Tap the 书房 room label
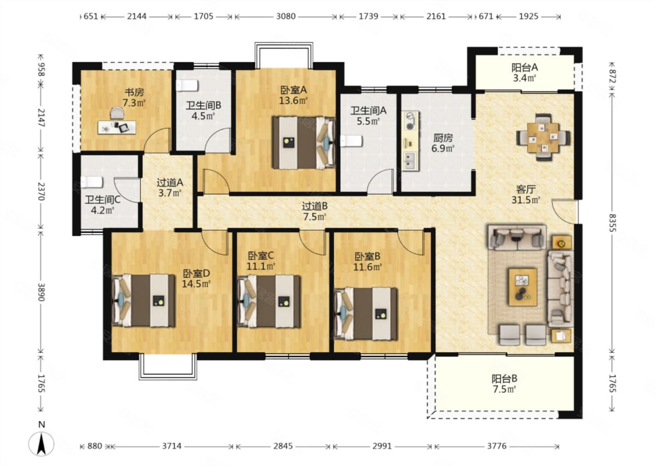pos(134,92)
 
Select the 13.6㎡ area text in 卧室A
pos(293,101)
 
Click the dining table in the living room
pos(543,137)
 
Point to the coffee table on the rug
pos(523,287)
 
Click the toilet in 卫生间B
pos(187,86)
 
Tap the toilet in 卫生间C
pos(91,182)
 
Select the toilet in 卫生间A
pos(352,141)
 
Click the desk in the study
pos(117,127)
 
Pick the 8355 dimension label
pos(612,223)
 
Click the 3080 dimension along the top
pos(286,16)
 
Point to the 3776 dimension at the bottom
pos(497,446)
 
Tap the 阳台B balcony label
pos(504,379)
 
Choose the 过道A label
pos(170,182)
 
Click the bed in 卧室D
pos(144,300)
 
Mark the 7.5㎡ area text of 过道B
pos(315,217)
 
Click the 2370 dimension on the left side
pos(41,191)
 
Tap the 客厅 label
pos(526,189)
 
